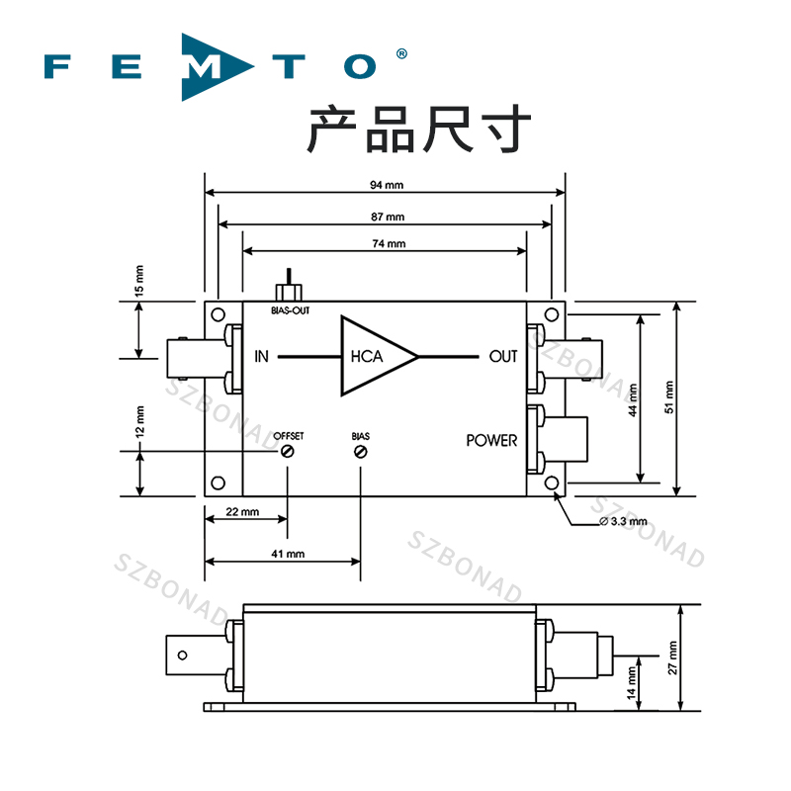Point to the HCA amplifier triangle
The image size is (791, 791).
(376, 357)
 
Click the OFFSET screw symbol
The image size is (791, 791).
(288, 452)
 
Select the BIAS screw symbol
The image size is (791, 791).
(361, 452)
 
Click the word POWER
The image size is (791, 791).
(491, 440)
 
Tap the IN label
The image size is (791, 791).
(262, 357)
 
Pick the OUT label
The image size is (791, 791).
(503, 357)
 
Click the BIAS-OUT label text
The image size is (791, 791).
(290, 310)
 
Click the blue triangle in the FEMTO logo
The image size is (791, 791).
(206, 67)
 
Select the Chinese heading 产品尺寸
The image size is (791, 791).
(419, 131)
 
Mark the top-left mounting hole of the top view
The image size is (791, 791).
(218, 314)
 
